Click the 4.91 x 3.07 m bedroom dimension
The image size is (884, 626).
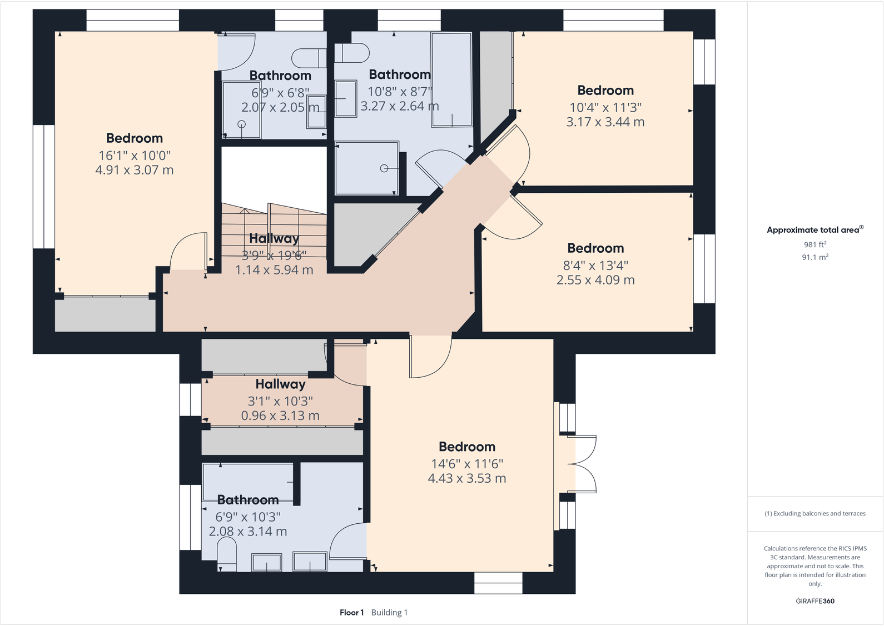[x=134, y=170]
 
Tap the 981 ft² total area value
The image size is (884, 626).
[x=815, y=244]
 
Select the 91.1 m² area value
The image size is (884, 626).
[x=815, y=257]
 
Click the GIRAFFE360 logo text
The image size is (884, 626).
[x=815, y=601]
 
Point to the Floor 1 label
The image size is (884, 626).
[x=351, y=613]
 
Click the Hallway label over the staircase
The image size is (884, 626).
[x=274, y=238]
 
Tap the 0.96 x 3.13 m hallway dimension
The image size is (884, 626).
[x=280, y=415]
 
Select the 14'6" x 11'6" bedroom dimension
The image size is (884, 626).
[x=466, y=464]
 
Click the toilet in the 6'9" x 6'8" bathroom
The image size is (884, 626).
[x=309, y=57]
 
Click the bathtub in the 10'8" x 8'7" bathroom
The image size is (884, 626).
[x=451, y=79]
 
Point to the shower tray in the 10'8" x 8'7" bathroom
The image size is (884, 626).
[x=366, y=168]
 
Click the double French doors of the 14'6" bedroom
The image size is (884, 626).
[x=584, y=464]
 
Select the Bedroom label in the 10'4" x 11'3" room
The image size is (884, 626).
[x=605, y=91]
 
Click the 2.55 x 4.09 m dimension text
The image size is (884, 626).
[x=595, y=280]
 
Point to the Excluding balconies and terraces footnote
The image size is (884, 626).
[x=815, y=514]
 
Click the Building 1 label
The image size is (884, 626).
[x=389, y=613]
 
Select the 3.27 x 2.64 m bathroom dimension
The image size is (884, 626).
[x=399, y=106]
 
